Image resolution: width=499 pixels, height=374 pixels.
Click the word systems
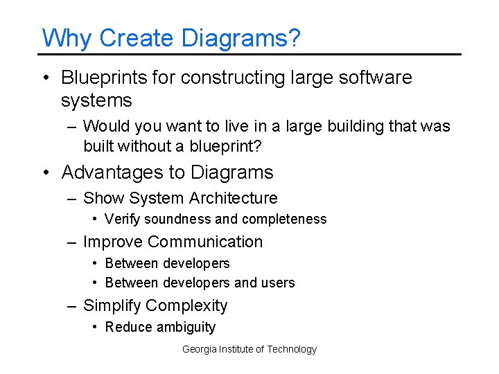[96, 100]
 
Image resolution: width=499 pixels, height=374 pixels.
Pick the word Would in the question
[104, 127]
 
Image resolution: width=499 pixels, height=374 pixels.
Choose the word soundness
[178, 220]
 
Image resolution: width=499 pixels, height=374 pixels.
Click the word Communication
[205, 242]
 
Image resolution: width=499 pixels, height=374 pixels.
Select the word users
[278, 283]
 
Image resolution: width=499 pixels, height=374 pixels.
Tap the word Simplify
[112, 305]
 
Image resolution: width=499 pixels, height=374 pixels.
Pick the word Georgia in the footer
[198, 350]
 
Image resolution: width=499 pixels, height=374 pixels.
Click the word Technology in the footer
[292, 350]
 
